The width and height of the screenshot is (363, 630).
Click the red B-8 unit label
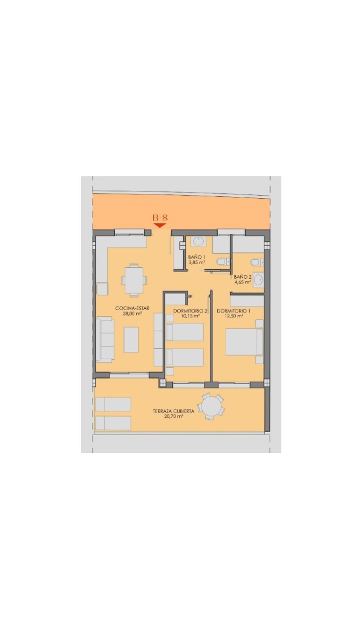(160, 217)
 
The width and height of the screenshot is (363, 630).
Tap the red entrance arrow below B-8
(160, 225)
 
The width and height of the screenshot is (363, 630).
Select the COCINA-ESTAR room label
(132, 308)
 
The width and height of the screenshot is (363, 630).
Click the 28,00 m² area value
(132, 314)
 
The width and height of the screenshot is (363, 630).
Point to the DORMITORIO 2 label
(190, 311)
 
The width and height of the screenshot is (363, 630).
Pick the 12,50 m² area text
(234, 316)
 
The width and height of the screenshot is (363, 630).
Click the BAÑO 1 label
(197, 257)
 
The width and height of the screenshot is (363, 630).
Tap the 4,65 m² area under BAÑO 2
(243, 282)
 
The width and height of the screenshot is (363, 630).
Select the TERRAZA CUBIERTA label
(174, 411)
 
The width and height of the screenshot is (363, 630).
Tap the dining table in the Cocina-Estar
(134, 280)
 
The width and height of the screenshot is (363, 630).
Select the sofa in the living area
(105, 340)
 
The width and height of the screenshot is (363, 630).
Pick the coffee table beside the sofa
(131, 340)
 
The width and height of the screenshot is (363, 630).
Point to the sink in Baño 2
(258, 280)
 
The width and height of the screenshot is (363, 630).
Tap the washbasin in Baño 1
(198, 241)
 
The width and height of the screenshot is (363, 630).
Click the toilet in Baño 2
(257, 262)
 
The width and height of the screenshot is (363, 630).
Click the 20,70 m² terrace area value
(174, 417)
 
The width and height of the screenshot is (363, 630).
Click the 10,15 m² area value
(190, 316)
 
